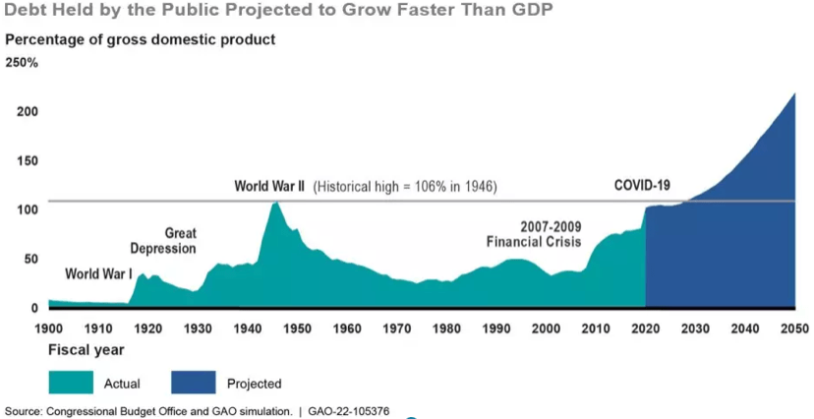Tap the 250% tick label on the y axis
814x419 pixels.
22,62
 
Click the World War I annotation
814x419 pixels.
98,273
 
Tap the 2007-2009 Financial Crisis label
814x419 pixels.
534,232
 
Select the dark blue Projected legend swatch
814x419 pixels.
194,383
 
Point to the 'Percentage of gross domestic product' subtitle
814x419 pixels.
141,40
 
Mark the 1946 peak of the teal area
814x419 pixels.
276,204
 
